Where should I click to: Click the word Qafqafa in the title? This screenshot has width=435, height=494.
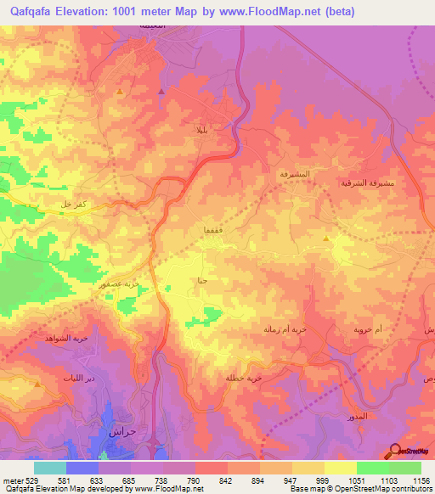coord(37,12)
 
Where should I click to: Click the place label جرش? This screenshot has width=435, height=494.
coord(123,431)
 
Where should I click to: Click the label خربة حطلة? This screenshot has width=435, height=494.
coord(243,378)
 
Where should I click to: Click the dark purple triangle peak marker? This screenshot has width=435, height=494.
coord(161,88)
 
